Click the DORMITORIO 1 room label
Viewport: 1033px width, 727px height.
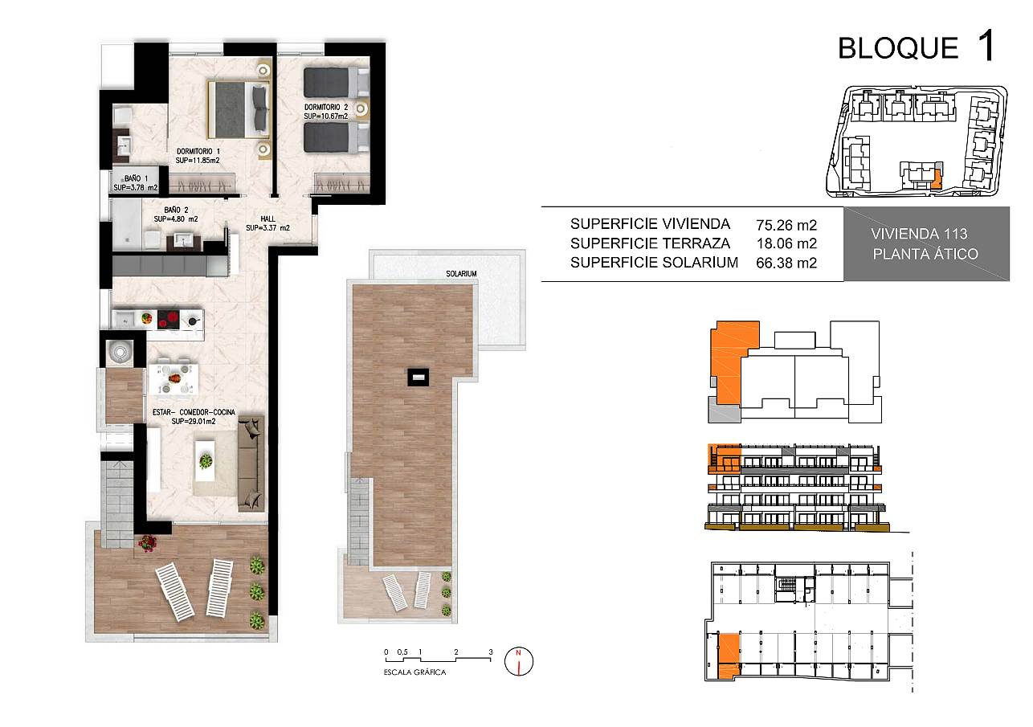pyautogui.click(x=198, y=151)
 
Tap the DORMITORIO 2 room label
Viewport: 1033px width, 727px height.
pyautogui.click(x=326, y=107)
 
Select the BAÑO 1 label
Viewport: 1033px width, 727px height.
pyautogui.click(x=136, y=178)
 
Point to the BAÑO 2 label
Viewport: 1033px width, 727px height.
pyautogui.click(x=176, y=210)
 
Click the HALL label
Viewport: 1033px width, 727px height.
pyautogui.click(x=268, y=219)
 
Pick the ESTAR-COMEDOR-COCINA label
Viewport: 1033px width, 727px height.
pyautogui.click(x=194, y=412)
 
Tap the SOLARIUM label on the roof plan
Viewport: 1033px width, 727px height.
pyautogui.click(x=461, y=274)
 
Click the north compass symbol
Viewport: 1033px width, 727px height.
pyautogui.click(x=519, y=661)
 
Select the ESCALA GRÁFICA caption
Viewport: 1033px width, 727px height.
pyautogui.click(x=414, y=672)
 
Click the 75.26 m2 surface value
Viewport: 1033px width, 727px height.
pyautogui.click(x=786, y=225)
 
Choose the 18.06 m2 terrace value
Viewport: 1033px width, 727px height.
pyautogui.click(x=786, y=243)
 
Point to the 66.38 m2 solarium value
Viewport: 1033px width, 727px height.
pyautogui.click(x=786, y=263)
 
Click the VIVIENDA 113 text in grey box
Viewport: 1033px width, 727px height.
pyautogui.click(x=919, y=234)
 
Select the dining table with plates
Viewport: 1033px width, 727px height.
pyautogui.click(x=174, y=378)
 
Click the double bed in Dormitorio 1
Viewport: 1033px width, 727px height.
pyautogui.click(x=239, y=110)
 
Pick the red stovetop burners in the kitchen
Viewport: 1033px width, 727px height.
pyautogui.click(x=169, y=319)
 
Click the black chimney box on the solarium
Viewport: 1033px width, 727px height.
pyautogui.click(x=419, y=378)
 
